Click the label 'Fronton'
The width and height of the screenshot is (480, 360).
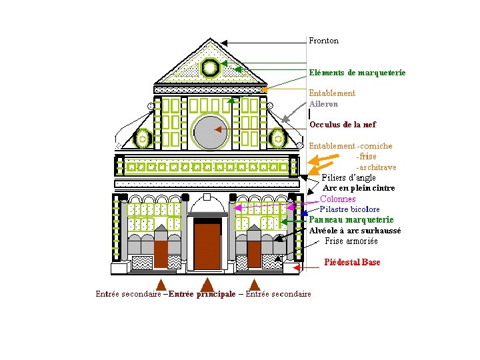pos(323,41)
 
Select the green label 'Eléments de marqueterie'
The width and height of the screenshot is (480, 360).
pos(357,72)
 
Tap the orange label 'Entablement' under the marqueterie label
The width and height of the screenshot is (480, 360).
pos(331,93)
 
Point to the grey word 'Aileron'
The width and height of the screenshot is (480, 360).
pos(323,104)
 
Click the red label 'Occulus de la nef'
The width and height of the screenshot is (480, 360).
pos(342,125)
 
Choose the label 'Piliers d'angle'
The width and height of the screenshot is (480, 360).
pos(348,177)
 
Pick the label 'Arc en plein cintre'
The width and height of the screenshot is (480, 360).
pos(358,188)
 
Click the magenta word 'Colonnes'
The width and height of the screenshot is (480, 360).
pos(338,199)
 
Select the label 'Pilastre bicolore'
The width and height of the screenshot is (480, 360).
pos(349,209)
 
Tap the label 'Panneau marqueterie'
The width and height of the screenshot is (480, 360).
pos(351,219)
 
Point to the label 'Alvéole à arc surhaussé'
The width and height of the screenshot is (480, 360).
pos(355,231)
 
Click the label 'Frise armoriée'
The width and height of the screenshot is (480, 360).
pos(351,241)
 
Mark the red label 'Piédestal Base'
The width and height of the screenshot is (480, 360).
pos(352,262)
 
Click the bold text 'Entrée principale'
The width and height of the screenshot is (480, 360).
pos(202,294)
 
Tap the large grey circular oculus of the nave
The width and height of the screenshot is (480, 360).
pos(211,131)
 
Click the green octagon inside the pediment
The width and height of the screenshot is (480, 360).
pos(209,67)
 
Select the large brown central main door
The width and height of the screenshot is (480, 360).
pos(207,246)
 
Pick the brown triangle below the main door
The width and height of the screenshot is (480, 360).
pos(207,285)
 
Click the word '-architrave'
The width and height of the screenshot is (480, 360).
pos(376,167)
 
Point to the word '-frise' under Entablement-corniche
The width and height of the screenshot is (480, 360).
pos(366,157)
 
